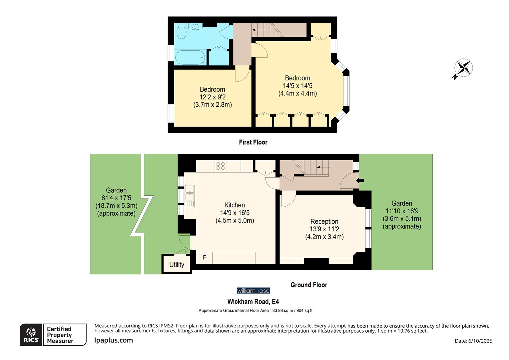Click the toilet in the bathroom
tap(181, 32)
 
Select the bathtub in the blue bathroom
tap(190, 57)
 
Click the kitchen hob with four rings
tap(221, 166)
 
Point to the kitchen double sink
tap(190, 196)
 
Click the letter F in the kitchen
tap(205, 257)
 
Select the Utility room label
tap(177, 264)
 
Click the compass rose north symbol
tap(463, 68)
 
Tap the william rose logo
tap(253, 291)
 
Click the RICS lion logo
tap(31, 335)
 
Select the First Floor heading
tap(253, 142)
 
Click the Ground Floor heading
tap(309, 285)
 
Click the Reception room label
tap(324, 221)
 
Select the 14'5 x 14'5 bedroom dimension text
tap(297, 86)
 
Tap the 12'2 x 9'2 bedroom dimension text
tap(213, 97)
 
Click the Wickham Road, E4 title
tap(253, 302)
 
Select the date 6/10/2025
tap(480, 341)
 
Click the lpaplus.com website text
tap(114, 340)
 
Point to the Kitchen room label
tap(235, 205)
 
